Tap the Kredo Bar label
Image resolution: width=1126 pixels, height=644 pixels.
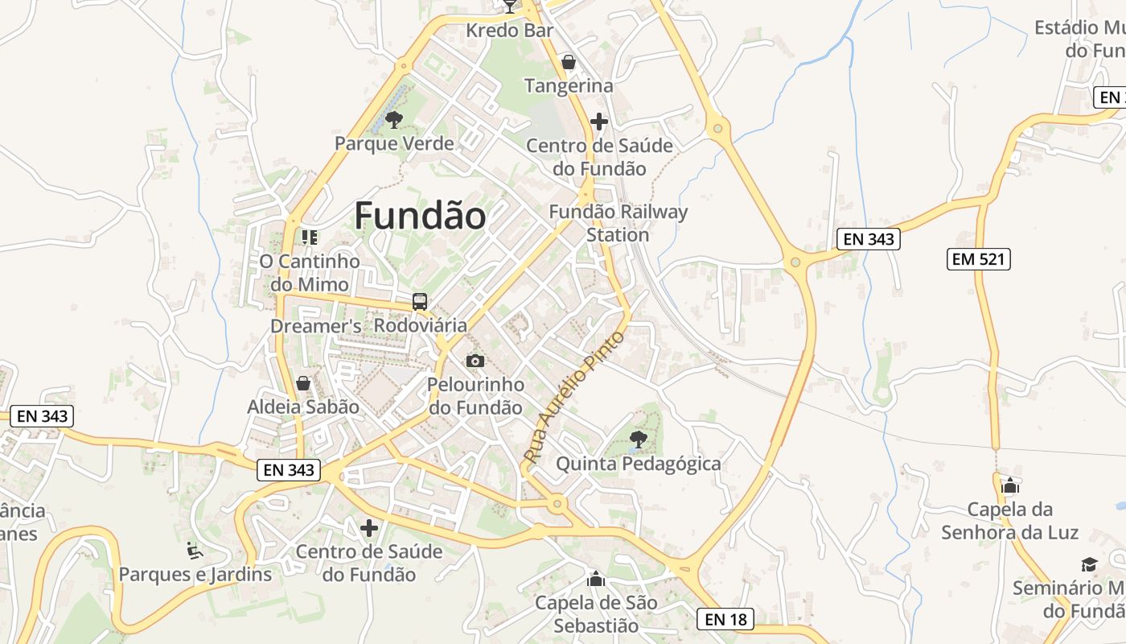[510, 31]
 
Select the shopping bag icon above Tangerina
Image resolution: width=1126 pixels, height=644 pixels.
[569, 62]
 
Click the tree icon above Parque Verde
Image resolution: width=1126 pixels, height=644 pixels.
[393, 121]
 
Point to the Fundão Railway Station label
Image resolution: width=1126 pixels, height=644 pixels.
[618, 223]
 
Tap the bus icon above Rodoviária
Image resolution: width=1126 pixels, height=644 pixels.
[420, 302]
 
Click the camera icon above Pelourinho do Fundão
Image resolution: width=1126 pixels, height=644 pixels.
[475, 361]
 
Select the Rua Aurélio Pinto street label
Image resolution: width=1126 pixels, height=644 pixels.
[573, 396]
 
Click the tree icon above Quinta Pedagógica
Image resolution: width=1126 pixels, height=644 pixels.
[638, 440]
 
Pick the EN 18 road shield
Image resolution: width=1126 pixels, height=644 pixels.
[725, 619]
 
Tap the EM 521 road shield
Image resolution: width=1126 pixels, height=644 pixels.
[978, 259]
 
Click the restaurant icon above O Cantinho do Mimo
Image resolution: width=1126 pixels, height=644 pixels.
[310, 237]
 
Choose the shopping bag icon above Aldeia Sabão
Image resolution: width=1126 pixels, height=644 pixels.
[303, 383]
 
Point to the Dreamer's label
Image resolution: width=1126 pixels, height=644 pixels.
[315, 326]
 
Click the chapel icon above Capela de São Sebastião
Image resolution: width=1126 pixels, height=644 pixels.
[596, 579]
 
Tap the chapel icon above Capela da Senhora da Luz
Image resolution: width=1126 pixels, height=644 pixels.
[1010, 485]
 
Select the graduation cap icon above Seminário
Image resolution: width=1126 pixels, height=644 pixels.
[1089, 564]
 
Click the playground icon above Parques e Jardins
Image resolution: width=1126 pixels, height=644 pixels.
[195, 551]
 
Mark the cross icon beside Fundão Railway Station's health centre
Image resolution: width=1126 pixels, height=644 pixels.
[599, 122]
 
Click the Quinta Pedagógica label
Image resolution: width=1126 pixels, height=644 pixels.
[639, 464]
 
